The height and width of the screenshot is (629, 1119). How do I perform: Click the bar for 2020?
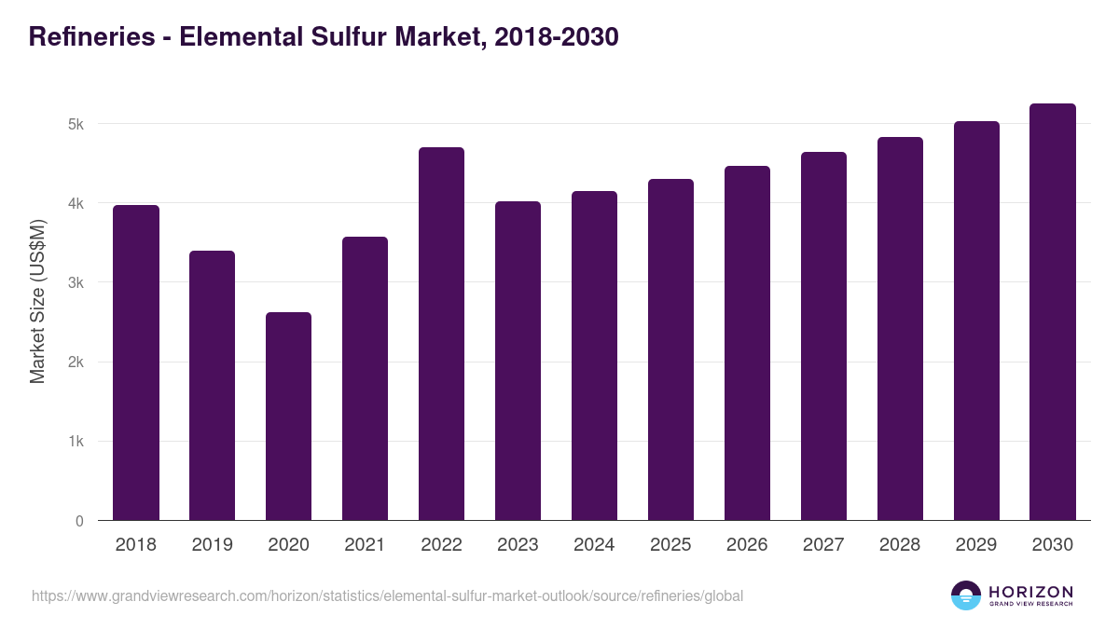click(x=288, y=417)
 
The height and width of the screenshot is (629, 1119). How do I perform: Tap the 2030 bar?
click(x=1053, y=312)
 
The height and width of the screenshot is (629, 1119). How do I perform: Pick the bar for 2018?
click(x=136, y=362)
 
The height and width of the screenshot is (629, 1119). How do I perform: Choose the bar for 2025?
click(x=670, y=349)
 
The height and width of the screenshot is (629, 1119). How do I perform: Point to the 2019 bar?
click(x=212, y=386)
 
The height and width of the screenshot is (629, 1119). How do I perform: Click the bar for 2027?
click(x=823, y=336)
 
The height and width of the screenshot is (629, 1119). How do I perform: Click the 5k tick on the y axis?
click(x=76, y=124)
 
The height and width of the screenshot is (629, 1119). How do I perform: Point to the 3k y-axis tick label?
click(x=76, y=282)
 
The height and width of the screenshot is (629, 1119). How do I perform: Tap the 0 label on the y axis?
click(x=79, y=521)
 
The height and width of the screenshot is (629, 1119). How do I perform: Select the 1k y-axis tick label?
click(x=76, y=442)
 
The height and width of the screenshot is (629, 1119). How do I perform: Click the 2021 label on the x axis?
click(x=365, y=545)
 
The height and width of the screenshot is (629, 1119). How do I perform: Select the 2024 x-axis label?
click(x=594, y=545)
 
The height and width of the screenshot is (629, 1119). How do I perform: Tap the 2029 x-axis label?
click(x=976, y=545)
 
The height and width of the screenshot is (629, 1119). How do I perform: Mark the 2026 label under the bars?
click(x=747, y=545)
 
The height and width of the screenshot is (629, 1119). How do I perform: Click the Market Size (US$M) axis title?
click(x=37, y=301)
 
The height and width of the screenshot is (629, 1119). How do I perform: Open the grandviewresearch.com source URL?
click(x=387, y=595)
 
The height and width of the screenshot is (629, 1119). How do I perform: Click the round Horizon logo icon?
click(x=966, y=595)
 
